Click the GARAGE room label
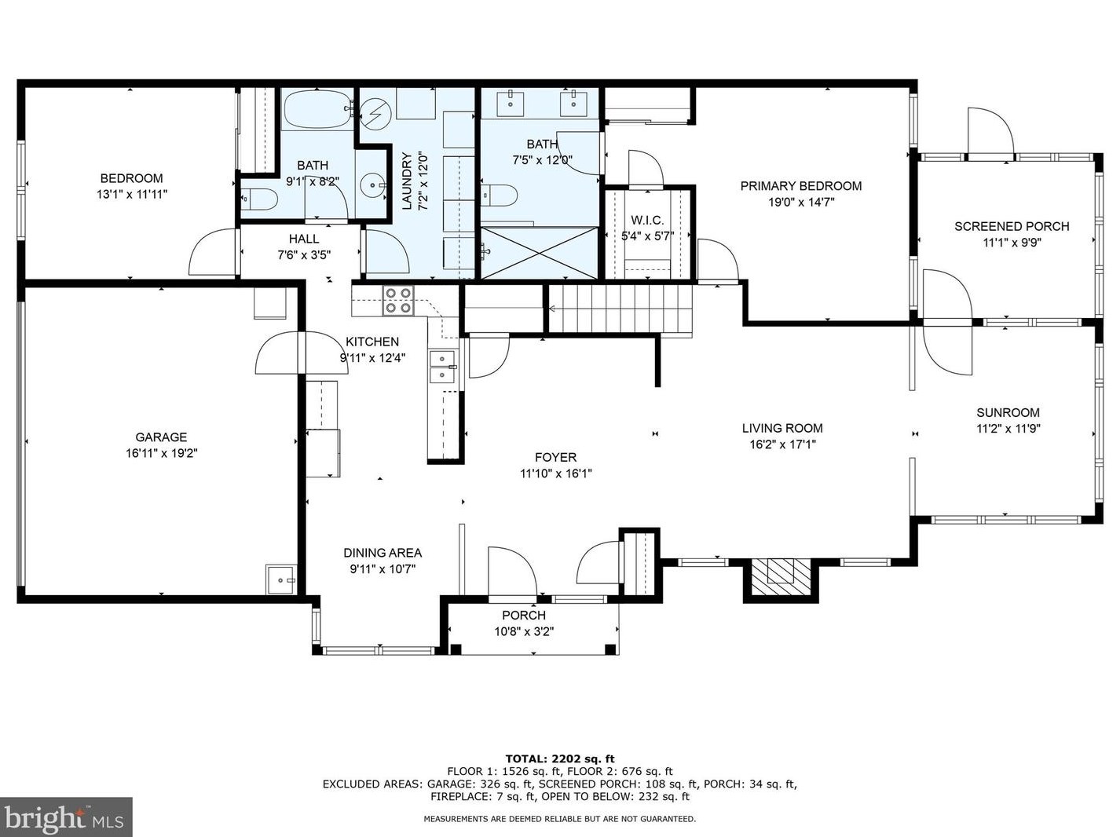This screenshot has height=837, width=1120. click(x=161, y=437)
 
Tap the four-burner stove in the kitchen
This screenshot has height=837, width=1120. click(x=398, y=301)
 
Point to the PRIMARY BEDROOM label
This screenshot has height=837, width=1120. click(x=801, y=185)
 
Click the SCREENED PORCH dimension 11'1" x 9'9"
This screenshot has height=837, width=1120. click(x=1012, y=243)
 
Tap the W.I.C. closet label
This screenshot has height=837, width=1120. click(x=647, y=221)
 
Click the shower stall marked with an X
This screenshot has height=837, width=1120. click(x=539, y=253)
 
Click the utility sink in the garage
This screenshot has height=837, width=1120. click(x=280, y=579)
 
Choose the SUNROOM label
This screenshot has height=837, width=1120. click(x=1008, y=412)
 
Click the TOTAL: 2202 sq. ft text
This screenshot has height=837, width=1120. click(x=560, y=759)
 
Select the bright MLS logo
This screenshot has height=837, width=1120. click(x=65, y=817)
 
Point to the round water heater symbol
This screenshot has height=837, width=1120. click(x=375, y=115)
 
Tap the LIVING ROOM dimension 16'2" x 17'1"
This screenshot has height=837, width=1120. click(x=782, y=444)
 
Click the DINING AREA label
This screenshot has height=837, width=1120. click(x=382, y=553)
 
